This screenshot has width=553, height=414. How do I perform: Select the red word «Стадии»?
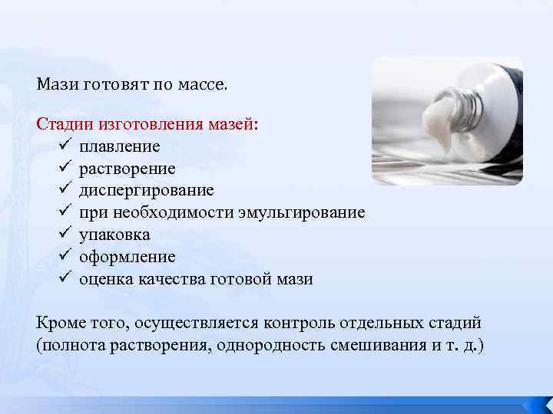(64, 124)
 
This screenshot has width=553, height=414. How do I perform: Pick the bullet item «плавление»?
(120, 146)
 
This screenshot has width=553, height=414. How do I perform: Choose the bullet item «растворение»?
(127, 169)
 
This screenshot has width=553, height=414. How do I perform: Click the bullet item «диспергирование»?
(147, 190)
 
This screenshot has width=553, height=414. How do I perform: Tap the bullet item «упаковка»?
(115, 235)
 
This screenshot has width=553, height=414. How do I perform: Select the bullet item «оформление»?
(127, 257)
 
